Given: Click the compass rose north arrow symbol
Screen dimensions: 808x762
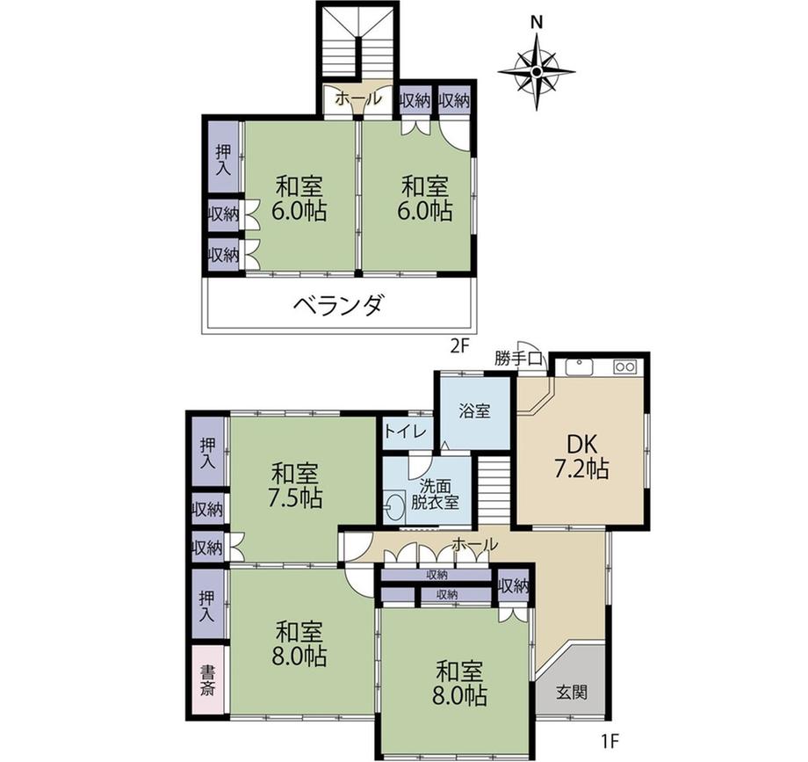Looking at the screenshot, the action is tap(537, 70).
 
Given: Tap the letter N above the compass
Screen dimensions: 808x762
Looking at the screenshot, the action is tap(537, 22).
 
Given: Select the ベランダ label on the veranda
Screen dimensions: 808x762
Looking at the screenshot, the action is tap(338, 305).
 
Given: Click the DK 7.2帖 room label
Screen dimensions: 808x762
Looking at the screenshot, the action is tap(581, 456).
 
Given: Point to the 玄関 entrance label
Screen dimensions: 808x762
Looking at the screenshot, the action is tap(572, 692).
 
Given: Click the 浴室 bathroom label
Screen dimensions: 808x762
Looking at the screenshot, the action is tap(474, 411).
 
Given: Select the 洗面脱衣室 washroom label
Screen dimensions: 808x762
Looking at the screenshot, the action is tap(435, 494).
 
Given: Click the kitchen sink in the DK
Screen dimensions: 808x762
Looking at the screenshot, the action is tap(580, 367).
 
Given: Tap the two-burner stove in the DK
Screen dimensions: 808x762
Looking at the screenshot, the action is tap(625, 367).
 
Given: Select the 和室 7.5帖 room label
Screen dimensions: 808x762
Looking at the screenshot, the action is tap(296, 485).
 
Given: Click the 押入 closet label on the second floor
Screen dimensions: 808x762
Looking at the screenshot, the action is tap(223, 160).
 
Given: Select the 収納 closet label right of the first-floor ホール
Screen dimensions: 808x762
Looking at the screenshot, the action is tap(514, 586).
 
